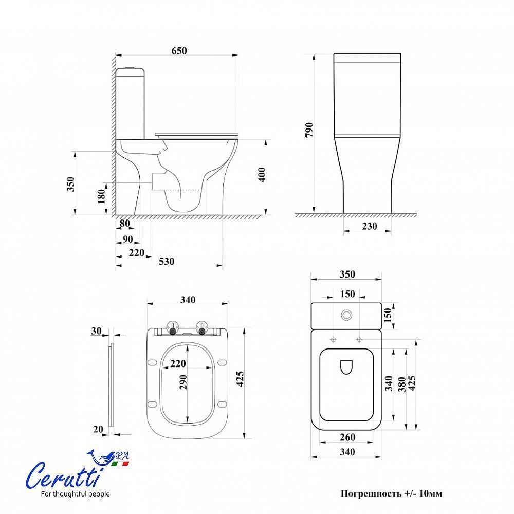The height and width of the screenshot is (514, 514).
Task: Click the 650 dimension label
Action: click(x=179, y=51)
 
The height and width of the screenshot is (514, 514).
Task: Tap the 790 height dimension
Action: click(x=309, y=130)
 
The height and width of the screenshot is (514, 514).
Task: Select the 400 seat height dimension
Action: click(x=262, y=175)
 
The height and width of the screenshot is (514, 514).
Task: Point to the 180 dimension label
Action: click(x=102, y=196)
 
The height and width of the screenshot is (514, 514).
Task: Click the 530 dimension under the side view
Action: click(x=167, y=262)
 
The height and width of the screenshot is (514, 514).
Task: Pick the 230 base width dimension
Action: click(x=369, y=226)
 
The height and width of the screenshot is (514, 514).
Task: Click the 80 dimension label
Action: click(x=124, y=224)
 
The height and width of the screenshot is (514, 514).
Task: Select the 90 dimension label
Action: click(x=127, y=240)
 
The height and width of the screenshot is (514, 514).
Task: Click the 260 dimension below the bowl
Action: click(x=347, y=437)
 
